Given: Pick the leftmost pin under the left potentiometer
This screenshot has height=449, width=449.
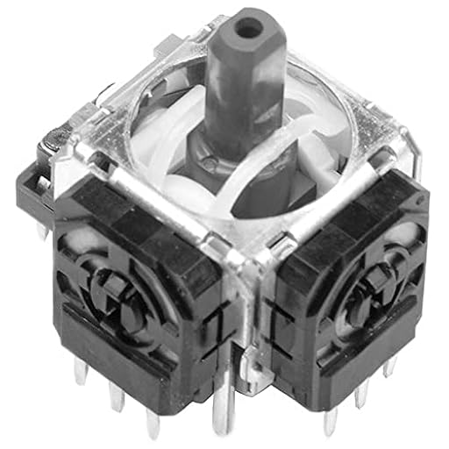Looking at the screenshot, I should coord(82,373).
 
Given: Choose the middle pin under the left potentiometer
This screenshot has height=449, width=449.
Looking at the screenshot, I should coord(117,396).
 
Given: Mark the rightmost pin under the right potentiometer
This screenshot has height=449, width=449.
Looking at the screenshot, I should coord(388,368).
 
